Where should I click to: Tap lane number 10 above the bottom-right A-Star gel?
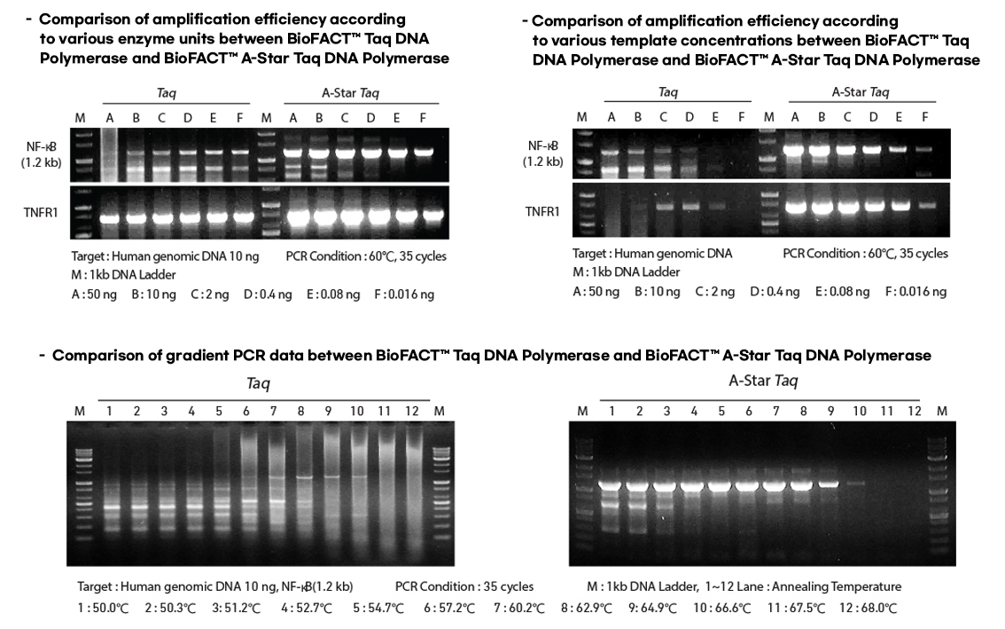click(859, 411)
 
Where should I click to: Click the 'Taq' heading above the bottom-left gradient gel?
click(257, 383)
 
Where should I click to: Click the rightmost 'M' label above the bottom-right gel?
click(941, 411)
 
